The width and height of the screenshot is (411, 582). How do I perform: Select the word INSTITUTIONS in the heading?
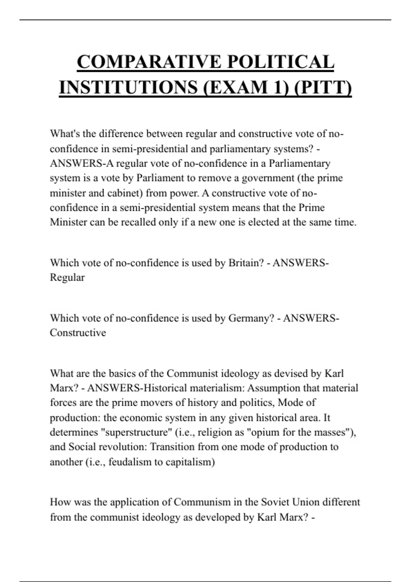(128, 87)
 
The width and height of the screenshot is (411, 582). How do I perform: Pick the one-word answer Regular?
(67, 277)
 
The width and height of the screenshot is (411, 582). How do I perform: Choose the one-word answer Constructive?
(78, 333)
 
